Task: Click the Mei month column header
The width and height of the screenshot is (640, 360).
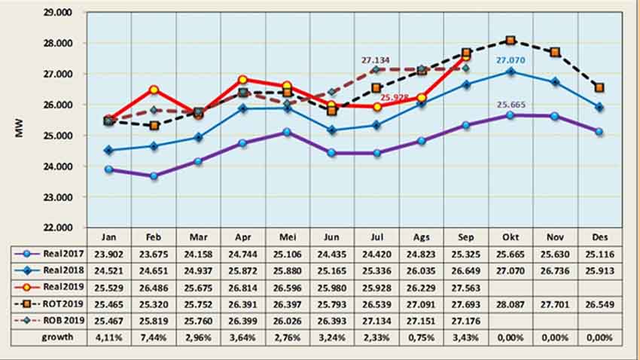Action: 288,235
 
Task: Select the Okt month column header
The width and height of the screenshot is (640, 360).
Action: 510,235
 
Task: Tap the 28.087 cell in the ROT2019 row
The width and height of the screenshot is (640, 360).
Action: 510,304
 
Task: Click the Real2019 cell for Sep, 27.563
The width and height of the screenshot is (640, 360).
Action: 466,287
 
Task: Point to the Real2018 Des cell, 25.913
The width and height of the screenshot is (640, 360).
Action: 599,270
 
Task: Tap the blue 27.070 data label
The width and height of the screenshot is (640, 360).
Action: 510,59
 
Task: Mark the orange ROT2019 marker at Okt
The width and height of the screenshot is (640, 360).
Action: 510,40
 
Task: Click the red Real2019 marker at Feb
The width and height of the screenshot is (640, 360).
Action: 154,90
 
